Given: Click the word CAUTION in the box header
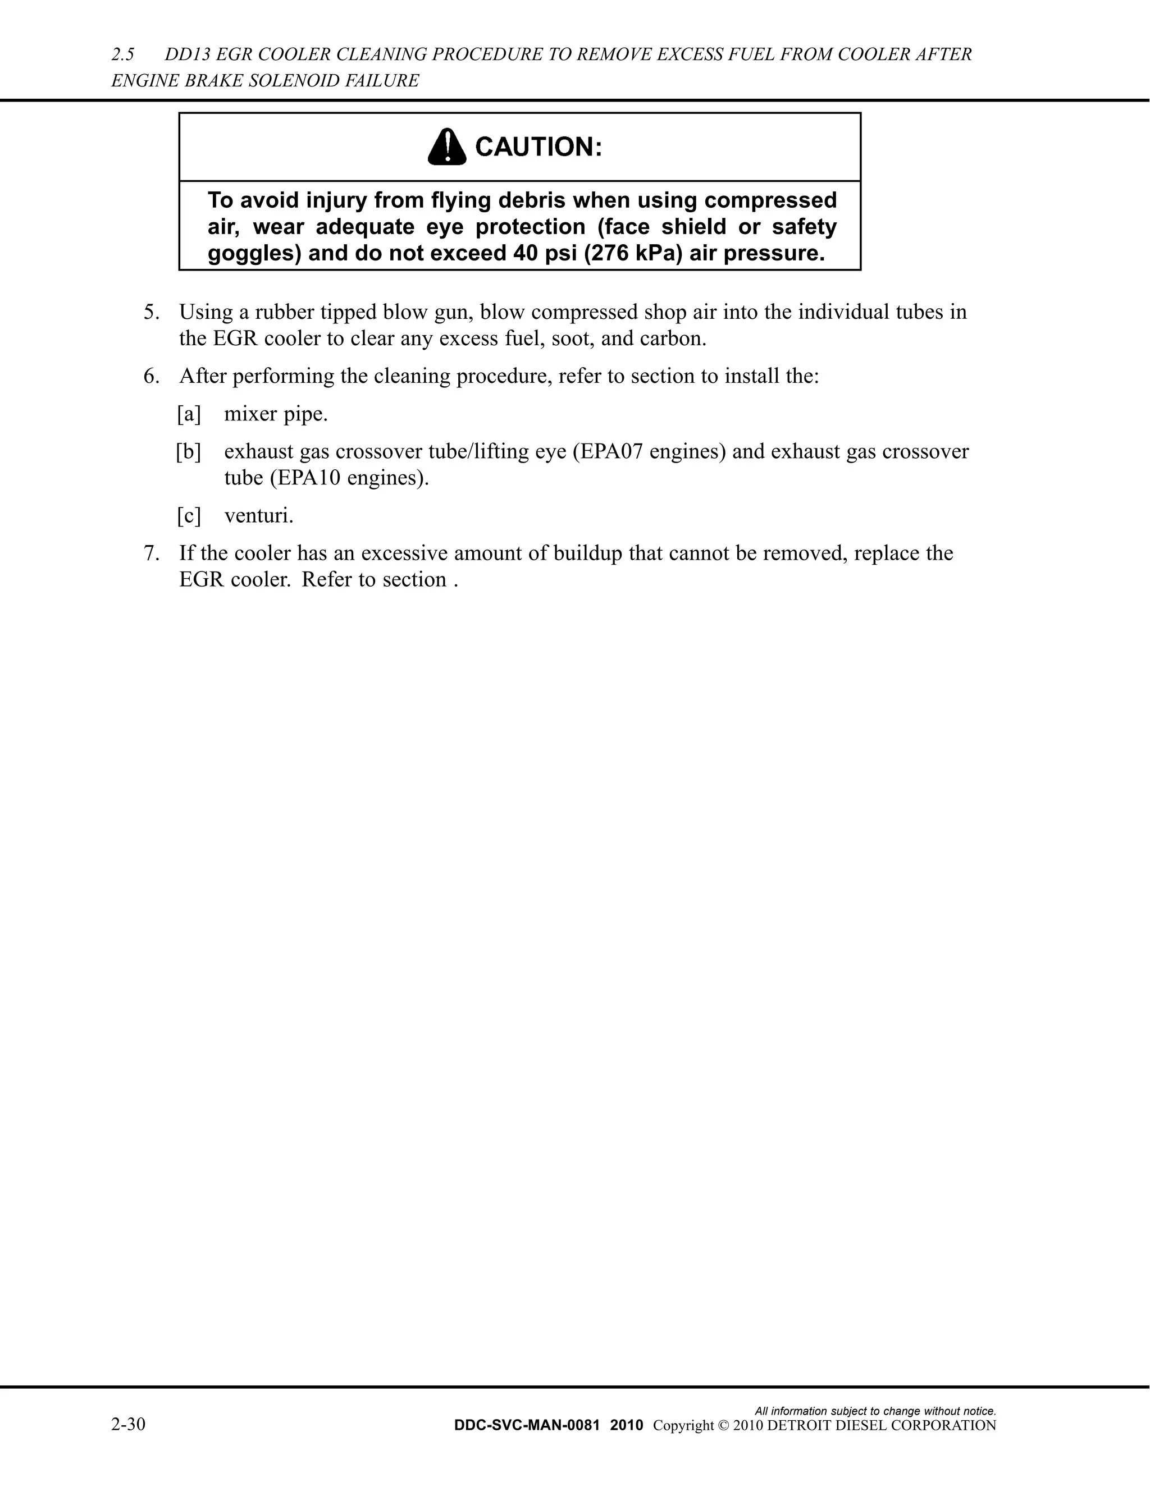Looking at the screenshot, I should coord(538,147).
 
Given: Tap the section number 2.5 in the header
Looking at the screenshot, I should coord(122,54).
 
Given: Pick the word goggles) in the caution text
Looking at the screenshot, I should coord(254,253).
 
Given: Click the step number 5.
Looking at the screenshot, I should coord(151,312).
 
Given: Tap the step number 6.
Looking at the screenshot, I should coord(151,376).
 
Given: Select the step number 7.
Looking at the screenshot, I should coord(151,553).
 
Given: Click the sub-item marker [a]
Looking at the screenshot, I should coord(189,414).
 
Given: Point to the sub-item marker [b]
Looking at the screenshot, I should coord(189,451).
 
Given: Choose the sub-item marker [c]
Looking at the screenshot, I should coord(189,515).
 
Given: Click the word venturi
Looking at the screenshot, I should coord(259,515).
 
